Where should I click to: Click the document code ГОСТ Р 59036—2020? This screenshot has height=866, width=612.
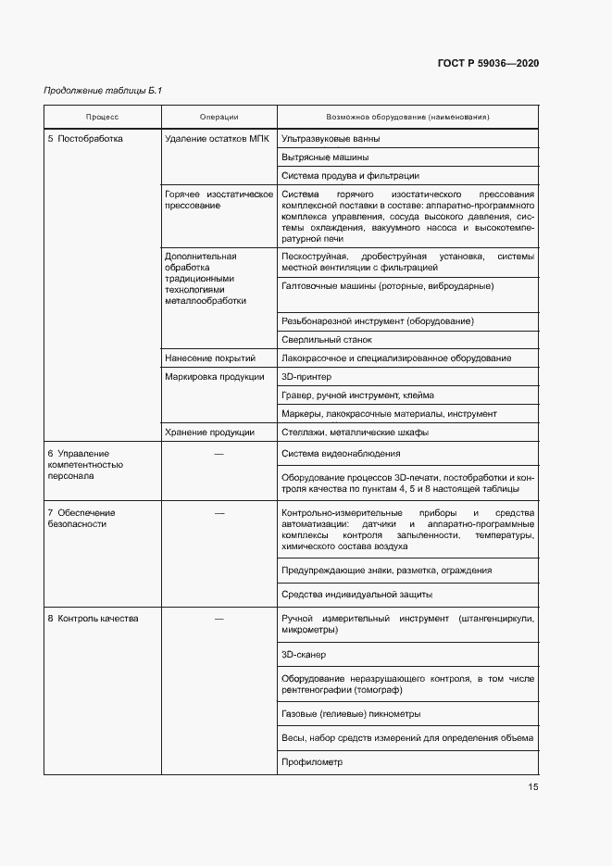488,63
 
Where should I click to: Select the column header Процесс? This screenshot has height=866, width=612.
103,118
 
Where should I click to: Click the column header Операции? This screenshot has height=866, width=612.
219,118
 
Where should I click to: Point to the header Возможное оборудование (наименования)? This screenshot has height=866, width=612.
407,118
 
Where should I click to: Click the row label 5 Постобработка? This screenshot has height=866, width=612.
85,138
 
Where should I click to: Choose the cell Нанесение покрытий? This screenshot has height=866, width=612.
209,358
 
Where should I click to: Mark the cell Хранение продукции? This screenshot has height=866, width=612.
209,432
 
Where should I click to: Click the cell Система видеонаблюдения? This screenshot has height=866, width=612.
341,454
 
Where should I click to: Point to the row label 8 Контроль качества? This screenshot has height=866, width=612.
93,619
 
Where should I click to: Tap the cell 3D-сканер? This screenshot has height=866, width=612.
304,654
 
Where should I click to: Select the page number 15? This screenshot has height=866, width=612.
532,787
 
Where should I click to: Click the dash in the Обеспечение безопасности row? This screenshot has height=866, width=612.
219,512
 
